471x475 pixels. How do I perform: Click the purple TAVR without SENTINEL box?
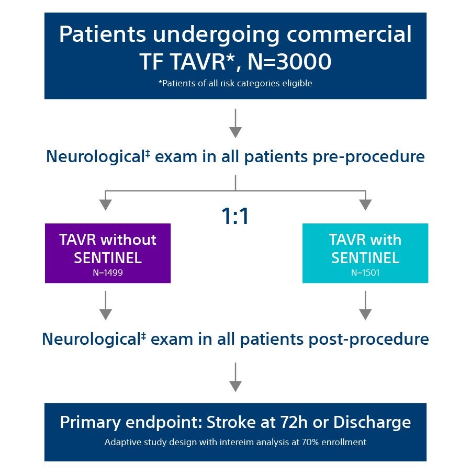tap(107, 253)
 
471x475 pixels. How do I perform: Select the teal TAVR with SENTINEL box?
tap(365, 253)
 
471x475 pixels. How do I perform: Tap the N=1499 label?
tap(107, 273)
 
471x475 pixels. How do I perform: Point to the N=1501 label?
tap(365, 273)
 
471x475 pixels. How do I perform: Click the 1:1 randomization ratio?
tap(235, 216)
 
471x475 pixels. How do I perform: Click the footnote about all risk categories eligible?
tap(235, 83)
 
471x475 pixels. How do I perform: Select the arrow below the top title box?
tap(235, 123)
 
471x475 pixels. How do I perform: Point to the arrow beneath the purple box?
tap(106, 306)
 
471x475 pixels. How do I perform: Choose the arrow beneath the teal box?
tap(365, 306)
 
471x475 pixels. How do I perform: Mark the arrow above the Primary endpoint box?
tap(235, 377)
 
